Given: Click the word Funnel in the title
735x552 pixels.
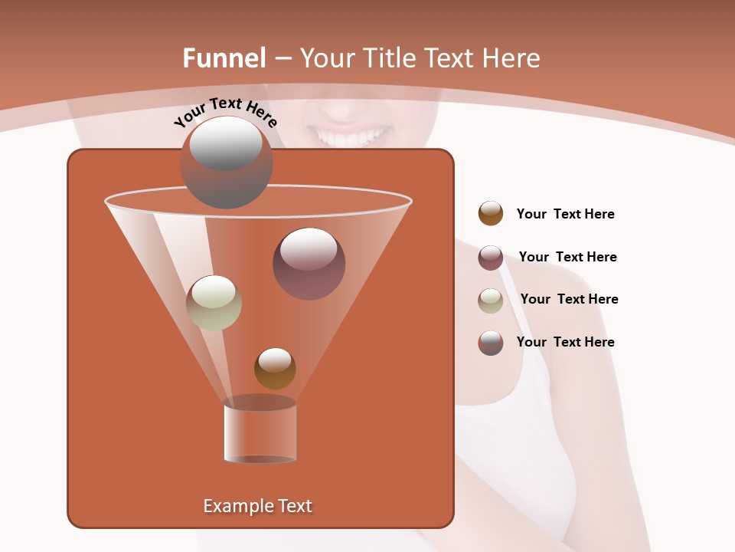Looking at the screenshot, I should pyautogui.click(x=224, y=58).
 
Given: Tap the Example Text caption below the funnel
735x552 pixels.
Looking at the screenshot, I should pyautogui.click(x=258, y=506).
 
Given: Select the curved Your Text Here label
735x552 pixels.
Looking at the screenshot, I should pyautogui.click(x=225, y=112).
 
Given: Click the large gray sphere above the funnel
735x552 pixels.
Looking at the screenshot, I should pyautogui.click(x=226, y=163).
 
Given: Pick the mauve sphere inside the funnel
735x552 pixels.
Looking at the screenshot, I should pyautogui.click(x=309, y=264).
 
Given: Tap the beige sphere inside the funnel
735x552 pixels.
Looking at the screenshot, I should pyautogui.click(x=214, y=303).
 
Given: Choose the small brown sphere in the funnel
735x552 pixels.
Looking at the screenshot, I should pyautogui.click(x=275, y=368).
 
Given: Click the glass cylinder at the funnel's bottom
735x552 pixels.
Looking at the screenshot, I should pyautogui.click(x=260, y=431).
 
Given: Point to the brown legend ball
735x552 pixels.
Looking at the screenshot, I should pyautogui.click(x=491, y=214).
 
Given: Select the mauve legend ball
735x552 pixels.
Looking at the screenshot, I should pyautogui.click(x=491, y=258).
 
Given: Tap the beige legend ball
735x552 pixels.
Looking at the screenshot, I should pyautogui.click(x=491, y=300).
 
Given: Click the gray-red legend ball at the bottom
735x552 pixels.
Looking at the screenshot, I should pyautogui.click(x=491, y=343).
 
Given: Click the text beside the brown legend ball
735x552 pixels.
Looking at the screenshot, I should pyautogui.click(x=565, y=215).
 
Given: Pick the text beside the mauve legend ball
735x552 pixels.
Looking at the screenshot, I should pyautogui.click(x=567, y=258).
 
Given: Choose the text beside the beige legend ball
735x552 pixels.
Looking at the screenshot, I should pyautogui.click(x=569, y=300).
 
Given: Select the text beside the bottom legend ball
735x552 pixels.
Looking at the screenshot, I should pyautogui.click(x=565, y=343).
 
